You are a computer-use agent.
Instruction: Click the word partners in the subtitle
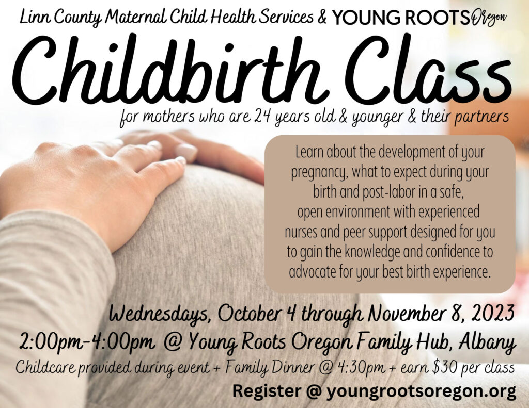pyautogui.click(x=482, y=118)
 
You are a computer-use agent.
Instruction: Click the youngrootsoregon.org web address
pyautogui.click(x=421, y=391)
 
